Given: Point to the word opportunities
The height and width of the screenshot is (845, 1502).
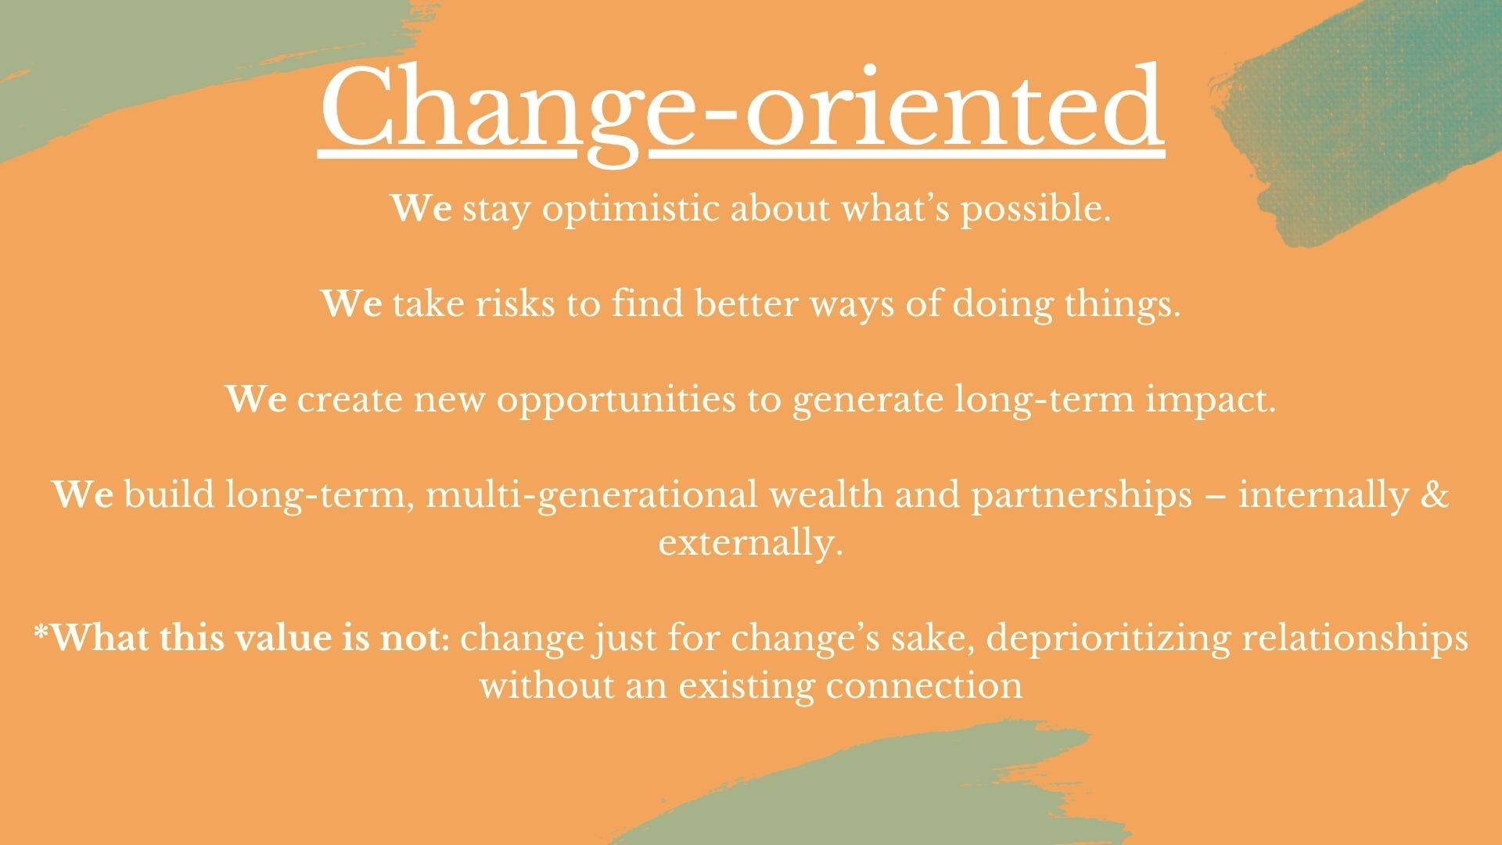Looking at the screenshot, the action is point(616,401).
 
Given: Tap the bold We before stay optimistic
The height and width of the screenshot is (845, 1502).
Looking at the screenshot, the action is point(421,210).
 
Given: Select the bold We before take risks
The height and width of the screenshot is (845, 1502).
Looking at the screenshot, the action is point(352,304).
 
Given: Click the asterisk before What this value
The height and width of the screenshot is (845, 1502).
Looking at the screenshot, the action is point(41,631).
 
